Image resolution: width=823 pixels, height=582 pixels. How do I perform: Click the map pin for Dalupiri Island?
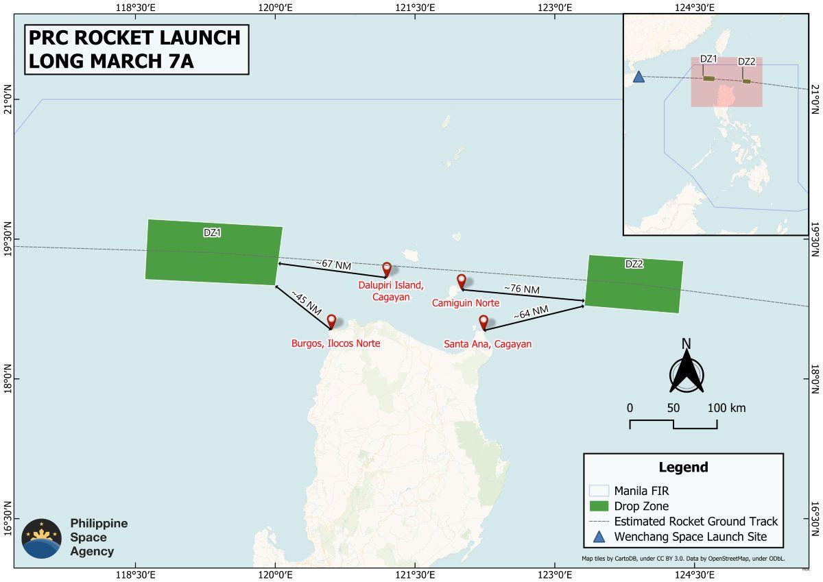(387, 269)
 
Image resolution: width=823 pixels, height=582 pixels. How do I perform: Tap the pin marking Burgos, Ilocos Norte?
(331, 321)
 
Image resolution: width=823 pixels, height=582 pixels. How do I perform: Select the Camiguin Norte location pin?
(462, 280)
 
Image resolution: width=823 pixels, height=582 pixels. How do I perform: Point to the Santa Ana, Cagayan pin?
(484, 322)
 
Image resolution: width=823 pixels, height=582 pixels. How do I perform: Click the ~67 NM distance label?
(333, 264)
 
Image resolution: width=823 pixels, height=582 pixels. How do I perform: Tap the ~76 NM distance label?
(522, 290)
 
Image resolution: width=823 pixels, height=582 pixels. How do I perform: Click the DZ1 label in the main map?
(212, 232)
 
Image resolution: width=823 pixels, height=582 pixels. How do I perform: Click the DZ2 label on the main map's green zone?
(634, 264)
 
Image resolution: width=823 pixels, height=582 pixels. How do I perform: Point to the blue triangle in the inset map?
(639, 77)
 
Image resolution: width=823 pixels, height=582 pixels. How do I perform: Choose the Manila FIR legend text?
(641, 491)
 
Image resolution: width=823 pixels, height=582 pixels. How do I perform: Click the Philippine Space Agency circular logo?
(42, 538)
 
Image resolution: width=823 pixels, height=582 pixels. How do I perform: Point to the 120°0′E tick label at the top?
(275, 8)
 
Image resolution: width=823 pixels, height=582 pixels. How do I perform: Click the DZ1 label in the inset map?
(708, 60)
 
